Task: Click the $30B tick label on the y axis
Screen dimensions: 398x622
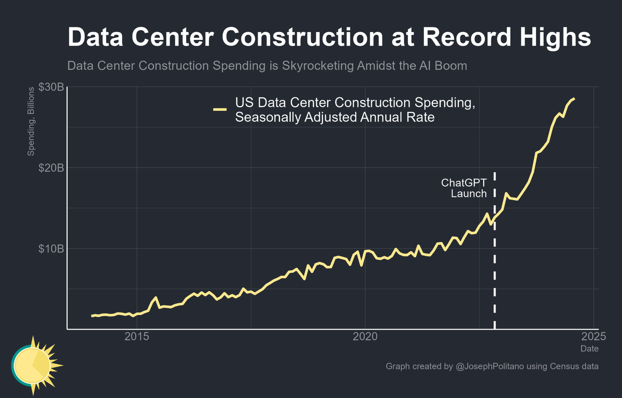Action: pyautogui.click(x=51, y=87)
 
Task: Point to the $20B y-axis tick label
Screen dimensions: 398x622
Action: pyautogui.click(x=51, y=168)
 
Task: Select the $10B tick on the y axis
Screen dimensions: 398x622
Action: pyautogui.click(x=51, y=249)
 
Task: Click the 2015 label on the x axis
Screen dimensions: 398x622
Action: pyautogui.click(x=137, y=337)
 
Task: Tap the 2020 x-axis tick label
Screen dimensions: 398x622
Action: pyautogui.click(x=365, y=337)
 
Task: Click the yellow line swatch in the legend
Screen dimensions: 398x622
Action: pyautogui.click(x=220, y=110)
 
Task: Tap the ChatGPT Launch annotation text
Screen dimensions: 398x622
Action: pyautogui.click(x=464, y=188)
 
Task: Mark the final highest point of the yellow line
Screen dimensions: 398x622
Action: pyautogui.click(x=573, y=98)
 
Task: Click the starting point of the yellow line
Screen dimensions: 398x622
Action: pyautogui.click(x=92, y=316)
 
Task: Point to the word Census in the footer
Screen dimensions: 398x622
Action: pyautogui.click(x=566, y=367)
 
